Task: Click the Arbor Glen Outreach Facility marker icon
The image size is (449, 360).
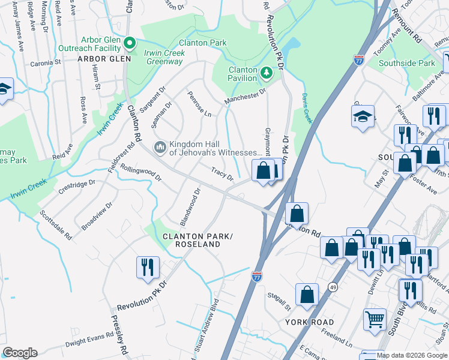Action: (128, 43)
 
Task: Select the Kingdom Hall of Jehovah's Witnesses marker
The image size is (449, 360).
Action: (160, 147)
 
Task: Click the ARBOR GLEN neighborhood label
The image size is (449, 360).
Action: (100, 59)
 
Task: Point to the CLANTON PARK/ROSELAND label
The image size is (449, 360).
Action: (196, 241)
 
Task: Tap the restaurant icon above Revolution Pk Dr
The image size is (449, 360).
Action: (148, 266)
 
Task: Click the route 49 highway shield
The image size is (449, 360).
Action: (332, 288)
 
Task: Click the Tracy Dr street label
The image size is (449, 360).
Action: (221, 174)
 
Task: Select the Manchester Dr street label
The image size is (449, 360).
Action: (245, 96)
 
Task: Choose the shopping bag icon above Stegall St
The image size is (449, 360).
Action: (307, 295)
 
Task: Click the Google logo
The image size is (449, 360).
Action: (20, 353)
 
